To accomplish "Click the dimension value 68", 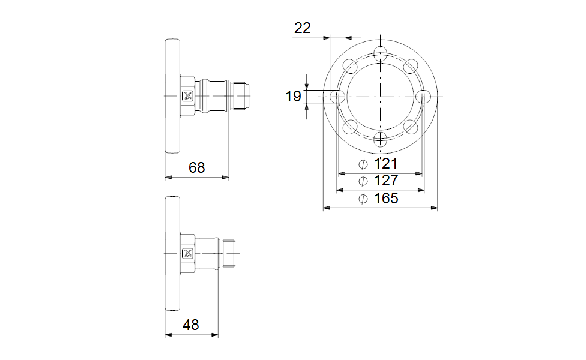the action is [196, 167].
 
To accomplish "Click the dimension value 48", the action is [190, 325].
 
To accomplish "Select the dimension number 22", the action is [303, 28].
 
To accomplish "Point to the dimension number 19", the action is [293, 97].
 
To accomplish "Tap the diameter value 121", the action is [385, 164].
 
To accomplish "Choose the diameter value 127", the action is [386, 181].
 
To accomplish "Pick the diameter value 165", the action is [386, 198].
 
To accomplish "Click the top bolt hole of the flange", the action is [381, 53].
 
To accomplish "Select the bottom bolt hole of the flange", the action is [381, 139].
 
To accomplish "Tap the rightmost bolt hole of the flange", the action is [423, 97].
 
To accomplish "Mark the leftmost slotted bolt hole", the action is [338, 97].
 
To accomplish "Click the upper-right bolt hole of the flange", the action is [411, 66].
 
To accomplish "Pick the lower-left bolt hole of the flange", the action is [350, 127].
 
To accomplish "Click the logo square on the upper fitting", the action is [187, 96].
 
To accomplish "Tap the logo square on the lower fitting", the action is [187, 253].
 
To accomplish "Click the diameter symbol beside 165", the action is [363, 199].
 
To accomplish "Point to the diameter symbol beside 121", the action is [363, 164].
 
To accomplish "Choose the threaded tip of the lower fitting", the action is [229, 253].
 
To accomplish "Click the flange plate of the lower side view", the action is [172, 254].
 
